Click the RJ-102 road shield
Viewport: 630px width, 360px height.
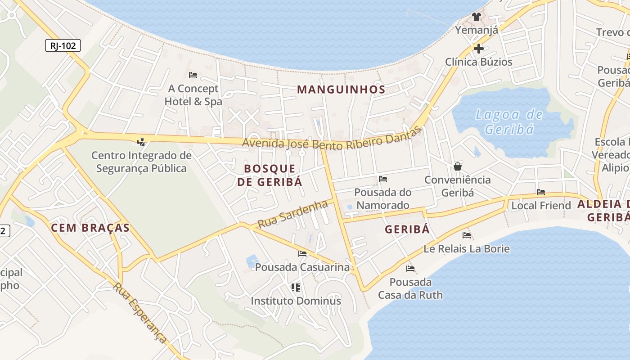tap(63, 45)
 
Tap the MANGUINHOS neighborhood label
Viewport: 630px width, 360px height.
tap(341, 89)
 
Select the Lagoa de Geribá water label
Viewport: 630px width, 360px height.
tap(509, 122)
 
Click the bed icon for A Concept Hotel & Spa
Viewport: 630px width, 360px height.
tap(193, 75)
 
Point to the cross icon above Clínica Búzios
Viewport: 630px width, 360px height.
tap(478, 48)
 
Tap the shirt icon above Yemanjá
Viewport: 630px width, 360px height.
tap(477, 17)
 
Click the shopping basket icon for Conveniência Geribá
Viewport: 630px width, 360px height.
tap(458, 166)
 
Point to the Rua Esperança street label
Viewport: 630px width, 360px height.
tap(140, 312)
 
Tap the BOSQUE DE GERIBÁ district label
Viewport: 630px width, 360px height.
tap(270, 175)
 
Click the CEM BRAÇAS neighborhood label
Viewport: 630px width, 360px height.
tap(90, 228)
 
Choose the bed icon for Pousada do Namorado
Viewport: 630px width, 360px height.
tap(383, 179)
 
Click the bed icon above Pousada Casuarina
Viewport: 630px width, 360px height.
tap(302, 254)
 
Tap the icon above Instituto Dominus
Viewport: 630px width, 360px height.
tap(296, 287)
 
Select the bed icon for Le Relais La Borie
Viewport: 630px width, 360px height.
tap(467, 235)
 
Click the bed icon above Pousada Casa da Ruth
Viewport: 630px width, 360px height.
tap(410, 269)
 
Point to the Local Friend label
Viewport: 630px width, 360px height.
tap(541, 206)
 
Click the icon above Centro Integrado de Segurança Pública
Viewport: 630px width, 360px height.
tap(141, 142)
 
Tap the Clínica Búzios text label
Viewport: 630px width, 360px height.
tap(479, 62)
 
